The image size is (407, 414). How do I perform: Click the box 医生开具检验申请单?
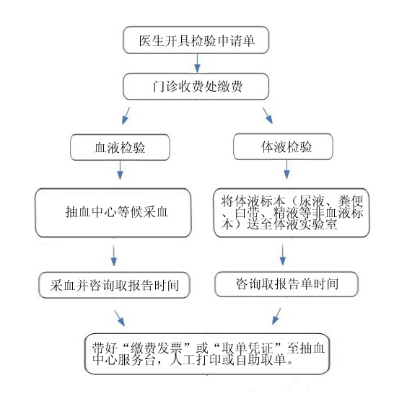196,40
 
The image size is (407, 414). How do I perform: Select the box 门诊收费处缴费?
196,87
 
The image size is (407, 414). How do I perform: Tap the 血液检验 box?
120,147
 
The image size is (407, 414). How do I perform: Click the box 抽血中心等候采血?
113,213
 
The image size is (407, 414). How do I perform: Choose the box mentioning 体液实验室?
291,213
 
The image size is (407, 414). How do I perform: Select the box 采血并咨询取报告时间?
115,283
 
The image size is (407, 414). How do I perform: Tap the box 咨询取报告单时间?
286,283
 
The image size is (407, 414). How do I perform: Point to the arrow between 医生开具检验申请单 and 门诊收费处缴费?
197,63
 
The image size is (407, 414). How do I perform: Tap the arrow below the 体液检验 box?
286,171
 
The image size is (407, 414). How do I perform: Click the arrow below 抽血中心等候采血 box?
114,254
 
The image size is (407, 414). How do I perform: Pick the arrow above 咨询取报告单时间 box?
282,254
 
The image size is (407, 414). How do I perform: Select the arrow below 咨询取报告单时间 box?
275,315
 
